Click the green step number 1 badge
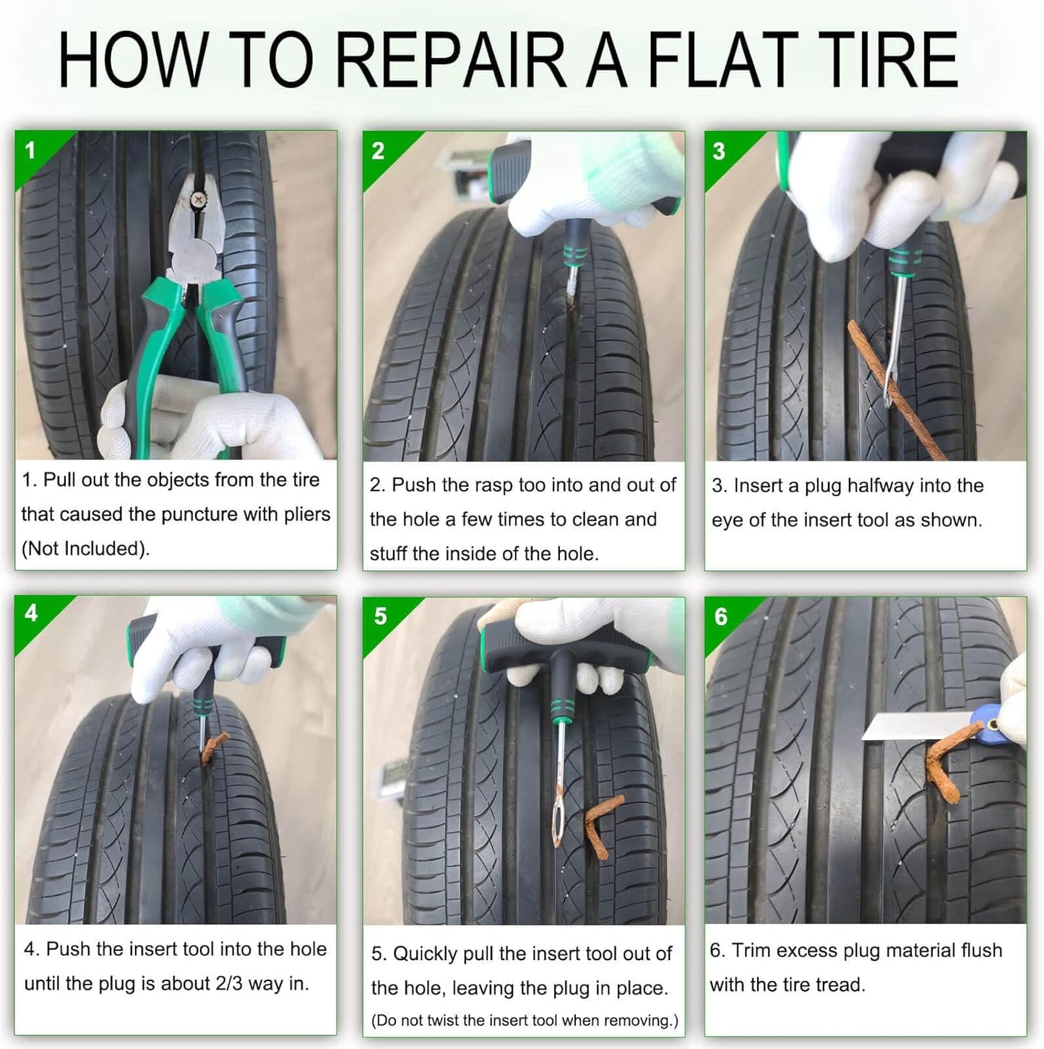(30, 151)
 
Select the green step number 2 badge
(378, 151)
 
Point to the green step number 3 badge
(719, 151)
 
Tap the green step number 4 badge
(31, 613)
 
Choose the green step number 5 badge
(380, 616)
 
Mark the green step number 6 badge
(721, 617)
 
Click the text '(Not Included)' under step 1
(85, 549)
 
